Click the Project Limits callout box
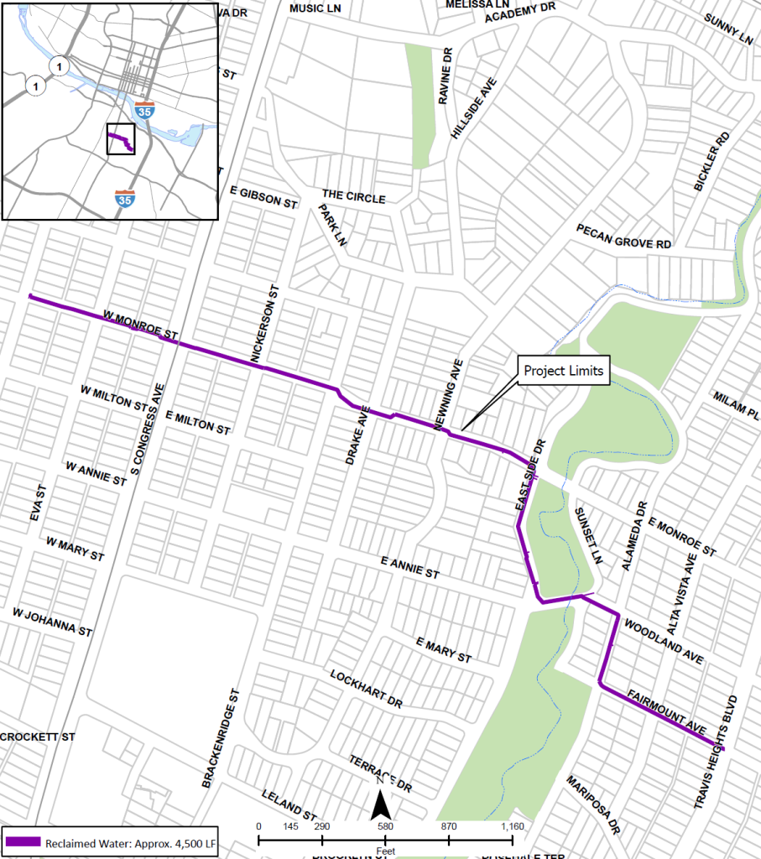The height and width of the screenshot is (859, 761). tap(563, 371)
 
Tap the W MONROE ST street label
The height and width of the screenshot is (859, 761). tap(140, 325)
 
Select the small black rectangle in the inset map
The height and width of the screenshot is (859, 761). tap(121, 139)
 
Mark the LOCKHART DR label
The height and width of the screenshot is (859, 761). tap(366, 688)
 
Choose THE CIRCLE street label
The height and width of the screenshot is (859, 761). tap(353, 198)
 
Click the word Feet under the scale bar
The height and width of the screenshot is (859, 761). tap(385, 850)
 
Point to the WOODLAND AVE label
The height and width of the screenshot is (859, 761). tap(664, 642)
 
